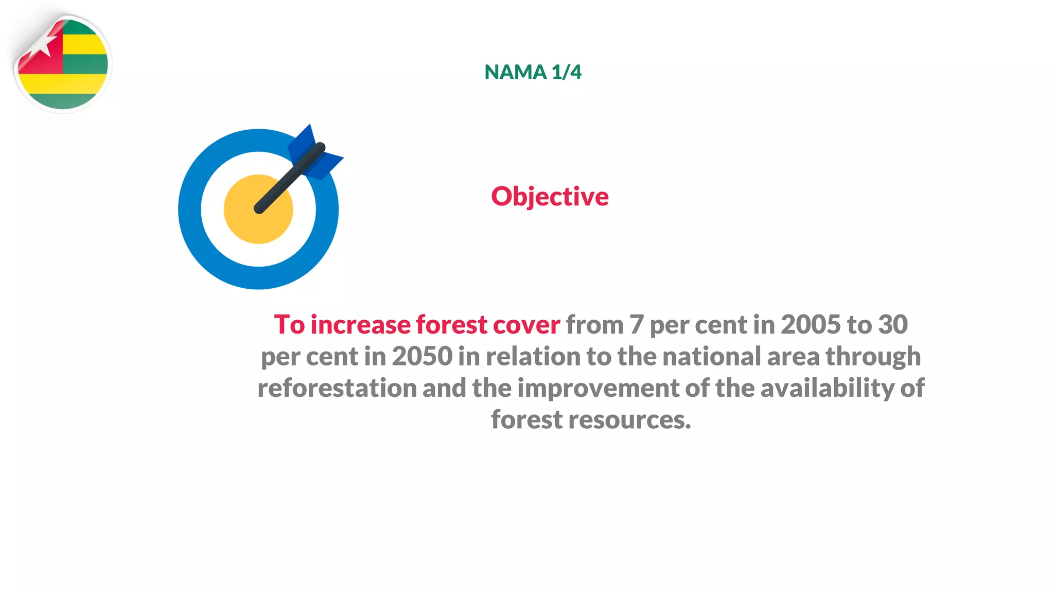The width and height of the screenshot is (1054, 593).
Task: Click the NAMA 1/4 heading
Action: click(533, 72)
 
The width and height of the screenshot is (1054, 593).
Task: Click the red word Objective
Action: click(550, 197)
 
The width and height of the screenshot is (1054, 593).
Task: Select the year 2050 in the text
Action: click(422, 357)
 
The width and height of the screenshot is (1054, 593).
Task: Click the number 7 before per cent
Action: click(637, 325)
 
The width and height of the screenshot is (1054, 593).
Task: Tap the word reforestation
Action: click(337, 388)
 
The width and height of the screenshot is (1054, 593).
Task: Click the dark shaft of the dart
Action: click(288, 180)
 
